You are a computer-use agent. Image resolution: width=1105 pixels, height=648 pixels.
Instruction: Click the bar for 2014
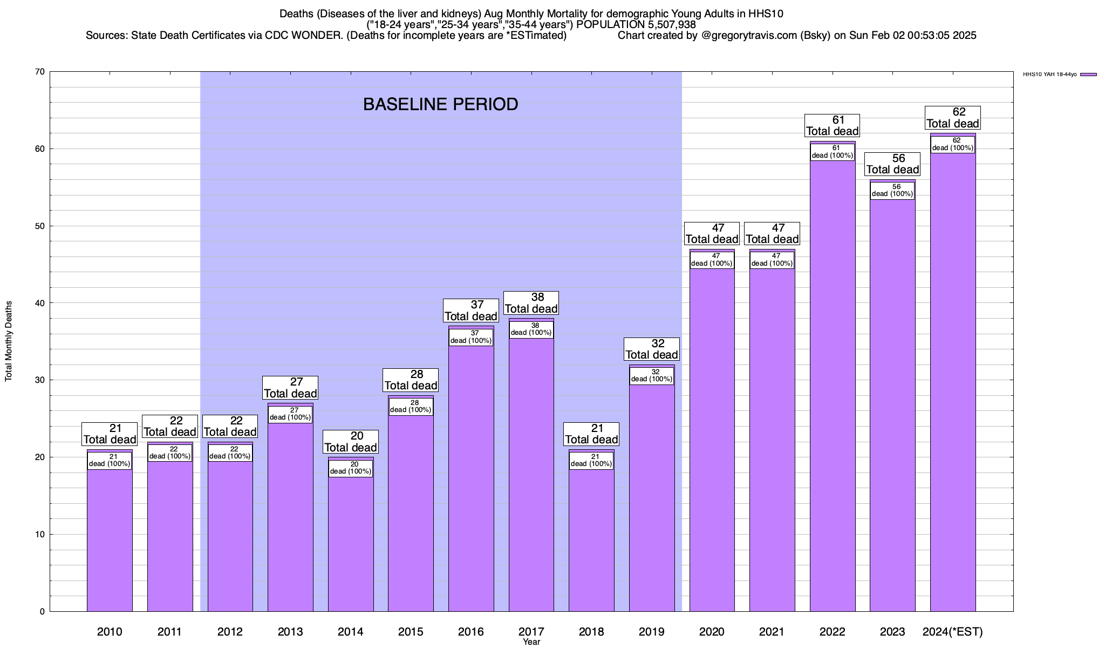coord(351,540)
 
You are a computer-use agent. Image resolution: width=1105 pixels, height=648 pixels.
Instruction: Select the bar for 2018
coord(591,540)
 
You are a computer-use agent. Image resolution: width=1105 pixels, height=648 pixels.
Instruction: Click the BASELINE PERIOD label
coord(440,104)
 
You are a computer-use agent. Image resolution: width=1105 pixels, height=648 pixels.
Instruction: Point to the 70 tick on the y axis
coord(40,72)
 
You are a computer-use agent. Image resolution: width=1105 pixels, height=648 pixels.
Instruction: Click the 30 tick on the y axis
coord(40,380)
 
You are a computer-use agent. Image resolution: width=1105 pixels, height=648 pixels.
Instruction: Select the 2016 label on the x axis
coord(471,632)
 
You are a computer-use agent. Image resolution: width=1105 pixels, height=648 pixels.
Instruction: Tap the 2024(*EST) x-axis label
coord(953,632)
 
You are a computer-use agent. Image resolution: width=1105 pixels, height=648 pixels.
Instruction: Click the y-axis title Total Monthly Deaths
coord(9,341)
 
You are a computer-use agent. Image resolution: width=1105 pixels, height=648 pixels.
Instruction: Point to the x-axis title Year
coord(531,642)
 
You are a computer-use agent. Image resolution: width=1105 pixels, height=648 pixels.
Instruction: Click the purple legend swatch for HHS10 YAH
coord(1088,75)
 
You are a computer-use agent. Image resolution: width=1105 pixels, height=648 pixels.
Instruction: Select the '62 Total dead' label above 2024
coord(953,118)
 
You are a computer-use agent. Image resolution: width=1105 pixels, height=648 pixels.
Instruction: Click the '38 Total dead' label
coord(531,303)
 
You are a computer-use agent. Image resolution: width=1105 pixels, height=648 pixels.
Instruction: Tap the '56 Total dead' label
coord(892,164)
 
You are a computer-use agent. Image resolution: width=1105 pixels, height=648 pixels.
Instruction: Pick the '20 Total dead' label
coord(351,442)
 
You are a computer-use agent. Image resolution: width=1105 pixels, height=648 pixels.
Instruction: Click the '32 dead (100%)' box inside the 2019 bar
coord(652,376)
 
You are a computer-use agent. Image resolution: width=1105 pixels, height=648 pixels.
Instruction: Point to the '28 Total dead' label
coord(411,380)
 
